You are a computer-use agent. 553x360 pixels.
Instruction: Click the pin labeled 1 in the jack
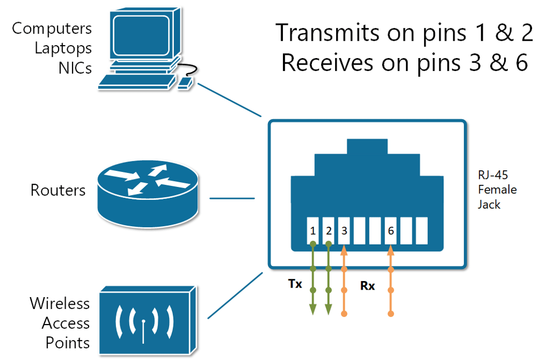click(313, 231)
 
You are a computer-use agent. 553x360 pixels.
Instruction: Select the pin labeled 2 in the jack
click(329, 231)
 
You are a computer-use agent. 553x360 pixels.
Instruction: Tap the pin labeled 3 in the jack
click(344, 231)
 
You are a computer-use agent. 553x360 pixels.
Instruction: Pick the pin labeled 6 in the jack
click(391, 231)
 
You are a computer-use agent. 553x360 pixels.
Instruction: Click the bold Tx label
click(294, 283)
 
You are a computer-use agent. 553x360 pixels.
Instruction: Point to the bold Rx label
click(367, 286)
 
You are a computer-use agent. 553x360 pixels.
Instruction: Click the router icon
click(146, 193)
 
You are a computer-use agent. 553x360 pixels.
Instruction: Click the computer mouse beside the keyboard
click(185, 83)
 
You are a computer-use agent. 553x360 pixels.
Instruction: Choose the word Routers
click(58, 190)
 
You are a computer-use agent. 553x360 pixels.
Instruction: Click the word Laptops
click(63, 48)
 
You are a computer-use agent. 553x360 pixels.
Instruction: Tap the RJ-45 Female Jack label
click(497, 190)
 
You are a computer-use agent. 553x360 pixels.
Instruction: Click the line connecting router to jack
click(231, 198)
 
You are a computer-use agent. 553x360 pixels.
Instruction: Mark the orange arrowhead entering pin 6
click(391, 249)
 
